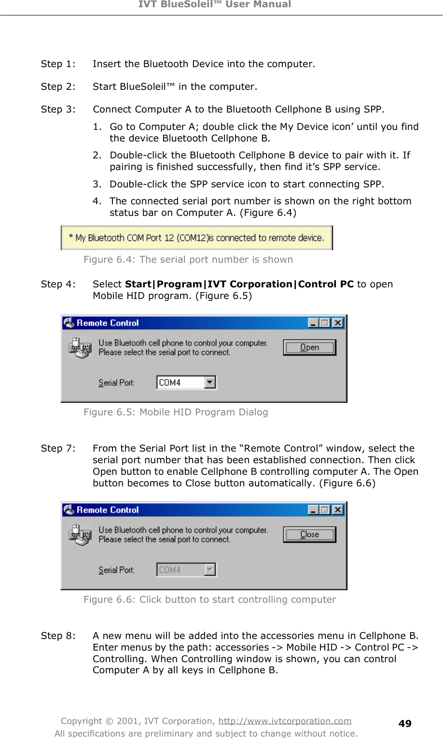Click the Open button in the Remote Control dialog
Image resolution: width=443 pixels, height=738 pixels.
pos(309,348)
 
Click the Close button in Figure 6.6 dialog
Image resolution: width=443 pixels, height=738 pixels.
pos(309,535)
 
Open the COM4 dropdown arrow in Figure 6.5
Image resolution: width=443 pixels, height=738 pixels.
pos(210,383)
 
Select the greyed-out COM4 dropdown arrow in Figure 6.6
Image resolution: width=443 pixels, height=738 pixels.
pos(210,570)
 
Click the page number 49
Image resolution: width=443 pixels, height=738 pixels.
pos(404,724)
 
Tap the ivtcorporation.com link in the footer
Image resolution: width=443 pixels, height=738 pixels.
pos(285,721)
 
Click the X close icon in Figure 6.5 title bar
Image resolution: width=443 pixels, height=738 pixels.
pos(338,323)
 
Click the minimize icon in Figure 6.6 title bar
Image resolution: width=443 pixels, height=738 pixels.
pos(313,510)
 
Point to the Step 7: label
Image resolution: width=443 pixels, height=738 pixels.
pos(58,449)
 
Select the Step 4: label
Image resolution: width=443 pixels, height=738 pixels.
pos(58,284)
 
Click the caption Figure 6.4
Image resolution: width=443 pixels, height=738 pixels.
pos(188,260)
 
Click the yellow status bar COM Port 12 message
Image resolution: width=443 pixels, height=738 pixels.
pos(196,238)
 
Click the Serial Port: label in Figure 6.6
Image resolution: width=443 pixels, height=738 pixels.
pos(116,570)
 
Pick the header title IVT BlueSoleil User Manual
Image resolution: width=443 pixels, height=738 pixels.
pos(215,5)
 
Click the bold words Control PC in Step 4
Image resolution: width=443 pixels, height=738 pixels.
pos(326,284)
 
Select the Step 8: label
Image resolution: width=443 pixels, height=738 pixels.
pos(58,636)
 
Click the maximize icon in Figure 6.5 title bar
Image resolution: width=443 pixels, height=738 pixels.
pos(325,323)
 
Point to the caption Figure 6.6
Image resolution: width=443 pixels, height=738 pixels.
pos(209,600)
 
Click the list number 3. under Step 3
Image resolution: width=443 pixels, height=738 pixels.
pos(97,184)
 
